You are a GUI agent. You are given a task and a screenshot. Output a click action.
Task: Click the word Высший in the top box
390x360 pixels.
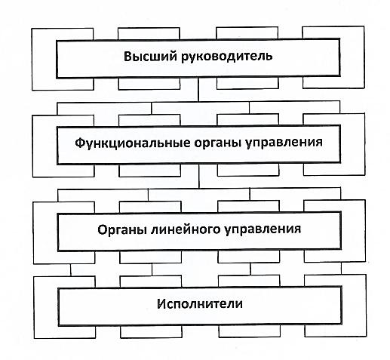pos(150,56)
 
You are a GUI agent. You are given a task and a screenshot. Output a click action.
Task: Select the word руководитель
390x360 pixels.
pos(227,57)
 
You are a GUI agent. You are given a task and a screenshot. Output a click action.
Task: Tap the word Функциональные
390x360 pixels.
pos(133,143)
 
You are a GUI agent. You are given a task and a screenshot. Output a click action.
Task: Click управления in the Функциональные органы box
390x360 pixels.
pos(284,143)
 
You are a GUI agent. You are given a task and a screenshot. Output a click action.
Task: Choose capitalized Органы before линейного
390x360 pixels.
pos(122,229)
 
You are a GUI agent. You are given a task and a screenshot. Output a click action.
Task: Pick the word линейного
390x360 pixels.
pos(186,230)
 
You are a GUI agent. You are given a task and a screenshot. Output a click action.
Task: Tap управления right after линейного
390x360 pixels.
pos(263,230)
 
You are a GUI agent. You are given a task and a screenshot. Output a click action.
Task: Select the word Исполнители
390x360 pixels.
pos(200,304)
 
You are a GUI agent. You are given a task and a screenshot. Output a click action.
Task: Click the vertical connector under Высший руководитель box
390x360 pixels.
pos(198,89)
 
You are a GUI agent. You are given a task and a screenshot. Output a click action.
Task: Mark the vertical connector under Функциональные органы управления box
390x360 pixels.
pos(199,177)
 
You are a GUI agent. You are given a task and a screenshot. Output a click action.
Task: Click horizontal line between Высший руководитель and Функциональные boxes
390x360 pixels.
pos(198,102)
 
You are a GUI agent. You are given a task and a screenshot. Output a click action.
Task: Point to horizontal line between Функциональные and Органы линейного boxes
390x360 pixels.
pos(199,189)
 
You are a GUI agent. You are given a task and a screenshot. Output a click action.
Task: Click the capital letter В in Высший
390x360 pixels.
pos(128,56)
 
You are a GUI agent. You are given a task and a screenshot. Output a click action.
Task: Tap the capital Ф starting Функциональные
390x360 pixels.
pos(80,143)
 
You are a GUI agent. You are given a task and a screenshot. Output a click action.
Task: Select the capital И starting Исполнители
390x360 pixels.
pos(161,304)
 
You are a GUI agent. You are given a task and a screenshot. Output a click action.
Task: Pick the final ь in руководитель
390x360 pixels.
pos(269,57)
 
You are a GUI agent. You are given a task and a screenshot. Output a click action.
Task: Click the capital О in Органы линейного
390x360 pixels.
pos(103,229)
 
